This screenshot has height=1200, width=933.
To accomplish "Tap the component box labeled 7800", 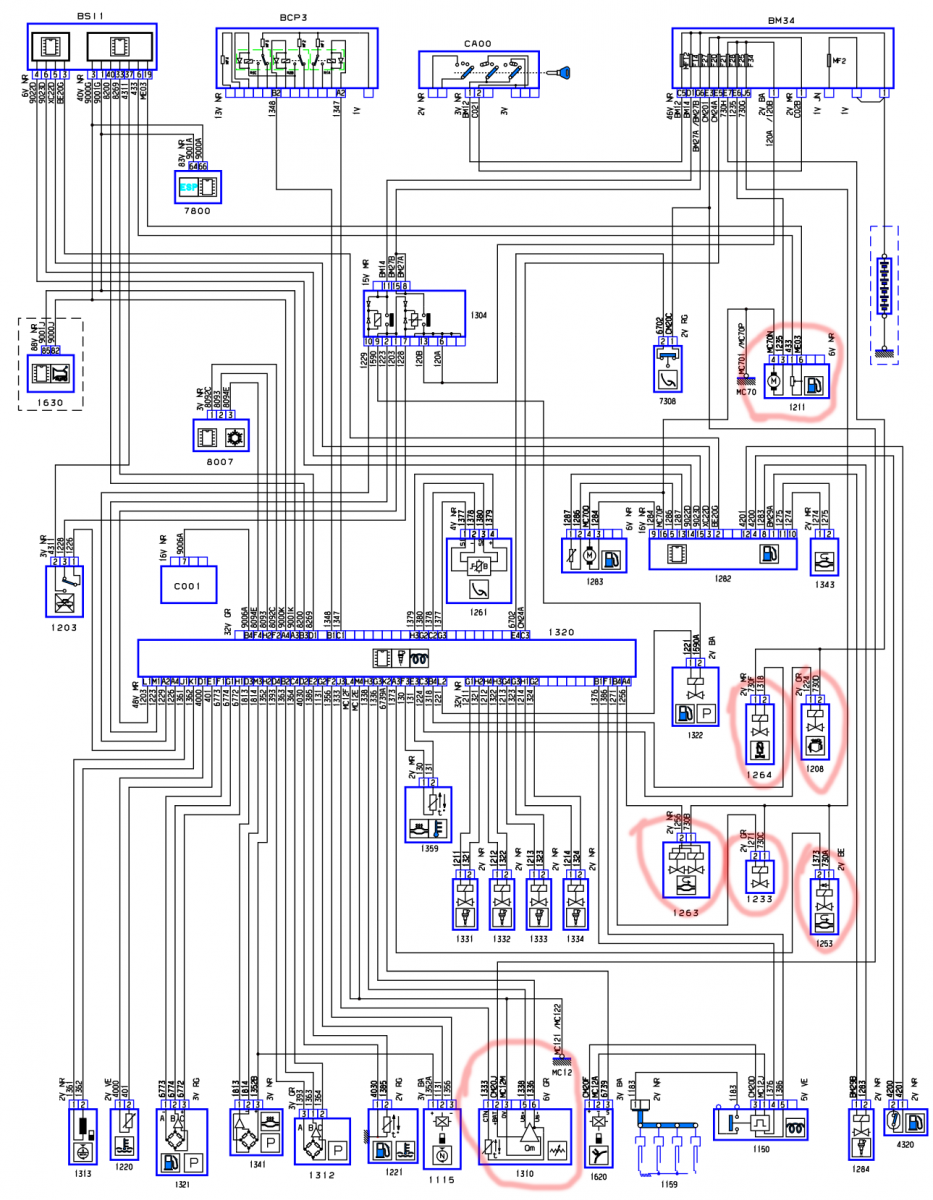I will tap(196, 187).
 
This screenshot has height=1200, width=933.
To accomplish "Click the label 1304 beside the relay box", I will tap(478, 316).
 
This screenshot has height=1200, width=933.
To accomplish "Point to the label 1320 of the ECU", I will tap(563, 632).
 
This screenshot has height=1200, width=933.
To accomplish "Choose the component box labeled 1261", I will tap(478, 569).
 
